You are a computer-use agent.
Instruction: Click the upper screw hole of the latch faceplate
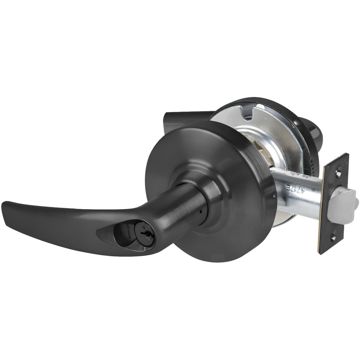pos(338,173)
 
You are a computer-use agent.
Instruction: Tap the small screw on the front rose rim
pos(274,197)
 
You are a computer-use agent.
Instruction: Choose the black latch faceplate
pos(333,203)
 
